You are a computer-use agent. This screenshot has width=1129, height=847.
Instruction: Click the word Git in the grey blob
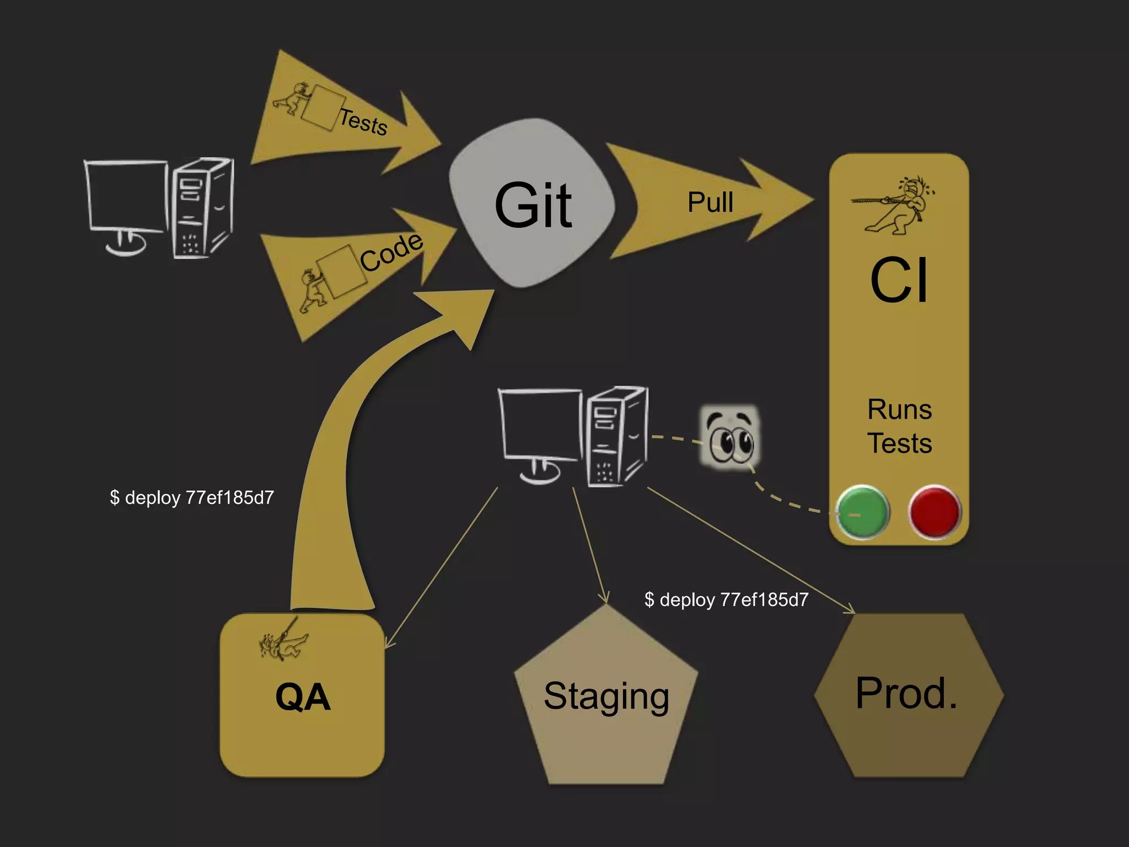tap(533, 205)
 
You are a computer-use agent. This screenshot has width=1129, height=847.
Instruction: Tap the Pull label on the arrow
tap(710, 202)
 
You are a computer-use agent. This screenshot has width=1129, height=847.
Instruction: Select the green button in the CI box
tap(862, 512)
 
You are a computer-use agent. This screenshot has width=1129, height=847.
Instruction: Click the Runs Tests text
tap(899, 426)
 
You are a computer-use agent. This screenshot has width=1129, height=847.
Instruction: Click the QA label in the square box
tap(303, 697)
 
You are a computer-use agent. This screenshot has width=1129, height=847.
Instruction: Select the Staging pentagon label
tap(606, 696)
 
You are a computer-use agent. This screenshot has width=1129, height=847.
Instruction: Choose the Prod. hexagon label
tap(907, 693)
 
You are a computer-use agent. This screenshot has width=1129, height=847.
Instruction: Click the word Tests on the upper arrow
tap(363, 121)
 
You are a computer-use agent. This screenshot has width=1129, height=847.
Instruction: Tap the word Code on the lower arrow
tap(391, 252)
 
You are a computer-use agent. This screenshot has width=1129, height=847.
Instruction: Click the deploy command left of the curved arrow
tap(192, 497)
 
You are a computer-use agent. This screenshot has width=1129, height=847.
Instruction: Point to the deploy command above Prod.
tap(726, 599)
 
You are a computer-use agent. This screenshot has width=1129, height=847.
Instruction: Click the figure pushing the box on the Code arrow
tap(313, 291)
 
